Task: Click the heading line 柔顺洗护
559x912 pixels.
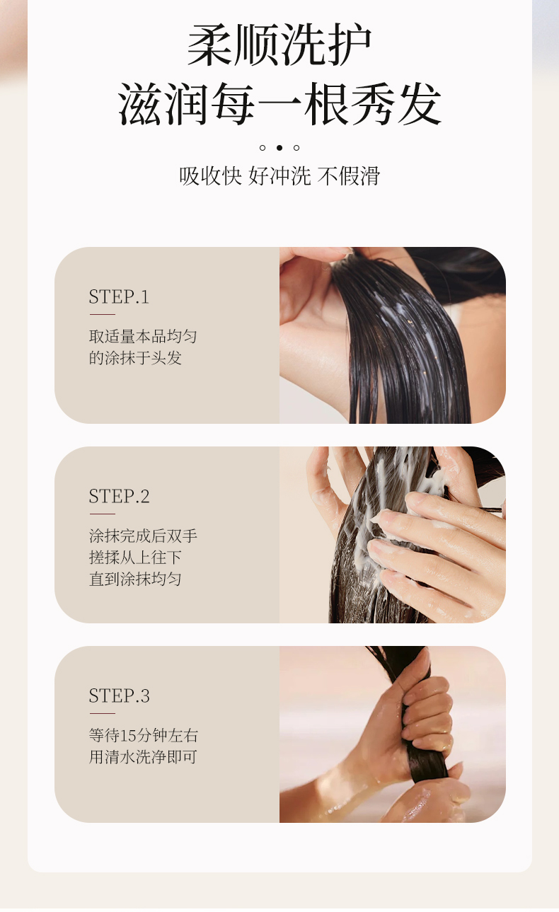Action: pyautogui.click(x=279, y=45)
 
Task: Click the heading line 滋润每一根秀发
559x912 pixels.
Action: pyautogui.click(x=279, y=104)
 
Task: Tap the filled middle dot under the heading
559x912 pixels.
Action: pyautogui.click(x=279, y=148)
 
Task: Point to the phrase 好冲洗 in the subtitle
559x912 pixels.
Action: pyautogui.click(x=279, y=176)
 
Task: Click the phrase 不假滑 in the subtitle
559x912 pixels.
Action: pyautogui.click(x=348, y=176)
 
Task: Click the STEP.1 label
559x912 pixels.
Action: pyautogui.click(x=119, y=296)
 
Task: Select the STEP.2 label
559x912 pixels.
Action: pyautogui.click(x=119, y=496)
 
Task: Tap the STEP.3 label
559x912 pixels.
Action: pyautogui.click(x=119, y=695)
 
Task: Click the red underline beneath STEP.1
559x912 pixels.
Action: pyautogui.click(x=102, y=314)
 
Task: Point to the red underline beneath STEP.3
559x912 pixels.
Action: pyautogui.click(x=102, y=713)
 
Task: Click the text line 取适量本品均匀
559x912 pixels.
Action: pyautogui.click(x=142, y=336)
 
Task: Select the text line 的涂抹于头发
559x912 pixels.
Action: pyautogui.click(x=135, y=358)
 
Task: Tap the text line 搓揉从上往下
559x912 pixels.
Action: pyautogui.click(x=135, y=558)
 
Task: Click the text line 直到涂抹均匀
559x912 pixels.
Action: pyautogui.click(x=135, y=579)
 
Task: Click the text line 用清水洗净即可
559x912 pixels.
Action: pyautogui.click(x=142, y=757)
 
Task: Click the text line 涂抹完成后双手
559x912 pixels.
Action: pyautogui.click(x=142, y=536)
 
